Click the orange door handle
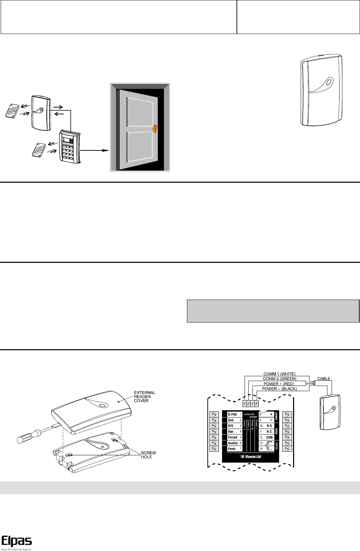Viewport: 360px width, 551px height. coord(156,129)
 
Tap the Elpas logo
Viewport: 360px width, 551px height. coord(17,541)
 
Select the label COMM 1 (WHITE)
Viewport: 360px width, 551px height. coord(279,374)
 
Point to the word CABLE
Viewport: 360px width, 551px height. coord(324,379)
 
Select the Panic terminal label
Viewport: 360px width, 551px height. coord(232,449)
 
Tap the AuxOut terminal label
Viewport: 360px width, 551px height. coord(233,443)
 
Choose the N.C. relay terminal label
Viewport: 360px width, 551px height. coord(269,432)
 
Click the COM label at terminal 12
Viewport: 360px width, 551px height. coord(269,437)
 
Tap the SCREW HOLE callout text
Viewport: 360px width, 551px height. coord(148,455)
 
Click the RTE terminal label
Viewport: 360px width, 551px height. coord(231,426)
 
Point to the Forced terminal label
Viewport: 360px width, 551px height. coord(233,437)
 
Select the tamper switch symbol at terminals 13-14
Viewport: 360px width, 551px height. coord(268,446)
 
